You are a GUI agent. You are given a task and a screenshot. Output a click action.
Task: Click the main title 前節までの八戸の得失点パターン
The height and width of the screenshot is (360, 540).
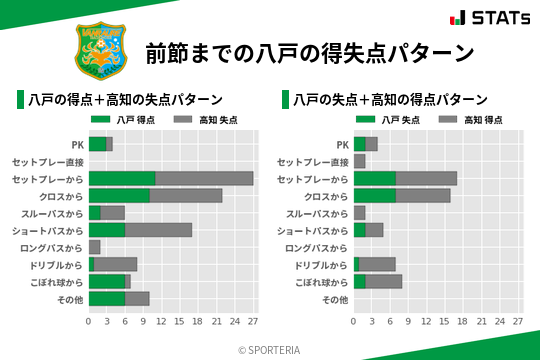[x=309, y=53]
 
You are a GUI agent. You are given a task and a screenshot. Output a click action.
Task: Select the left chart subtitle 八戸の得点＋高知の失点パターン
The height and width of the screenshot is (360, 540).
[x=125, y=100]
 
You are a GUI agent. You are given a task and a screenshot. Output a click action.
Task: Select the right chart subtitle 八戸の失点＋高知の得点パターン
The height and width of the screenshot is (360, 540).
[x=390, y=100]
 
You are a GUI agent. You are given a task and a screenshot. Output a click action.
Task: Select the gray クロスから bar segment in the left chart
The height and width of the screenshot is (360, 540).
[x=186, y=195]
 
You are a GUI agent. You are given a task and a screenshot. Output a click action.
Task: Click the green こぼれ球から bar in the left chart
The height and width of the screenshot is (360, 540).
[x=107, y=281]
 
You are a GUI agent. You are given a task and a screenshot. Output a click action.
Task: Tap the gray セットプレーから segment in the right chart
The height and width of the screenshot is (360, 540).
[x=426, y=178]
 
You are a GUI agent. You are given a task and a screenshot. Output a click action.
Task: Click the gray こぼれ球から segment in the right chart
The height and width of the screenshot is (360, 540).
[x=384, y=281]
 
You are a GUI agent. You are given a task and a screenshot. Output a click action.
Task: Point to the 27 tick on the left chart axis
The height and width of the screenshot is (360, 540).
[x=253, y=322]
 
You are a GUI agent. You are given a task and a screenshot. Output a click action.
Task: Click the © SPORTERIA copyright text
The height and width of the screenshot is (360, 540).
[x=270, y=349]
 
